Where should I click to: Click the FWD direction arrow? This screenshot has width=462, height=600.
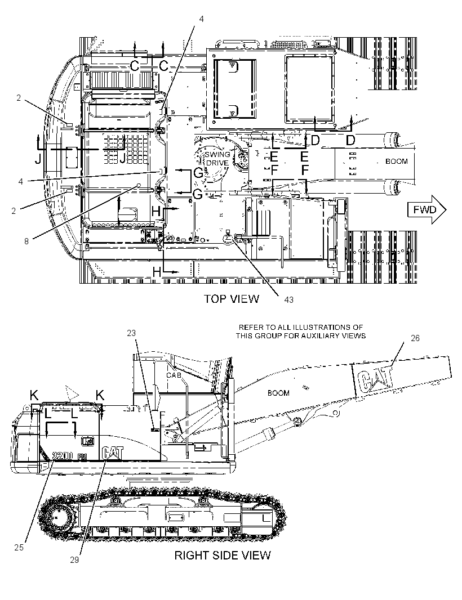[427, 210]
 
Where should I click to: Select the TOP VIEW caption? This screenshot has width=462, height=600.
[231, 299]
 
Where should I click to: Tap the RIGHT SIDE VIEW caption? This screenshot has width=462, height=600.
[223, 555]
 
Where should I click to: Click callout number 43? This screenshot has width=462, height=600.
[289, 300]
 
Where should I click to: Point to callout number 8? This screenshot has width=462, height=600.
[26, 241]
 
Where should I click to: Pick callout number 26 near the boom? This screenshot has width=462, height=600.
[415, 338]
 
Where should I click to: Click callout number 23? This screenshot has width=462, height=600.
[131, 333]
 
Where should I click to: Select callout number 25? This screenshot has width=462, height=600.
[19, 548]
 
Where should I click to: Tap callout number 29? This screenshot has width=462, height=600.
[74, 560]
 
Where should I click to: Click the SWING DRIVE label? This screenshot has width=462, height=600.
[217, 158]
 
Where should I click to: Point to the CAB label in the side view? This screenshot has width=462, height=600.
[174, 375]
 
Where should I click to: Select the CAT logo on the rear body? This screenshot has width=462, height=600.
[113, 453]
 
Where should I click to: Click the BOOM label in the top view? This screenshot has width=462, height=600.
[397, 162]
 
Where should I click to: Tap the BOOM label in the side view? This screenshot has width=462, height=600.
[278, 393]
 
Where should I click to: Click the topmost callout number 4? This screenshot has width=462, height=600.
[202, 19]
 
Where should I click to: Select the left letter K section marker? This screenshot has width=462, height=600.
[34, 395]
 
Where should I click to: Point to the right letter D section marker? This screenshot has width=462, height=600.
[350, 141]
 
